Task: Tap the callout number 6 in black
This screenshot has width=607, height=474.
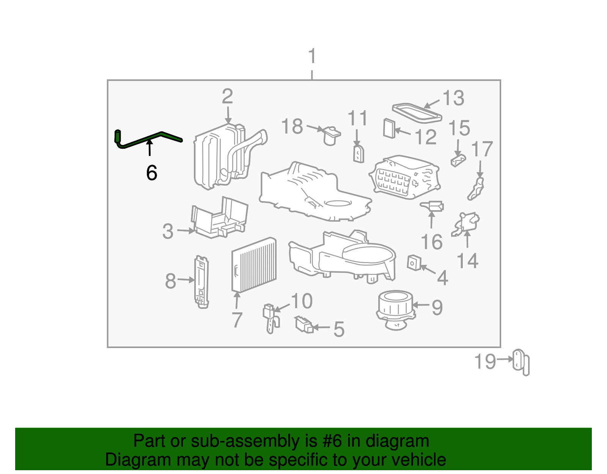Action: pos(151,173)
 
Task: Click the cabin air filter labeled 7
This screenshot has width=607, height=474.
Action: pos(254,265)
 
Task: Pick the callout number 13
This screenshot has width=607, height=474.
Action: pos(453,98)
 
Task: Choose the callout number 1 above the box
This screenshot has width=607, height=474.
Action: pos(312,57)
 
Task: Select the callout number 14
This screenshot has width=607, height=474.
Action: pos(467,261)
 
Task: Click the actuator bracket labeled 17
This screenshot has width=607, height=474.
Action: pos(476,189)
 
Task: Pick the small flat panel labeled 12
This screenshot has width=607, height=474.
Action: pos(389,128)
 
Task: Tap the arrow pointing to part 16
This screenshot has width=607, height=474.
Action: pos(431,220)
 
